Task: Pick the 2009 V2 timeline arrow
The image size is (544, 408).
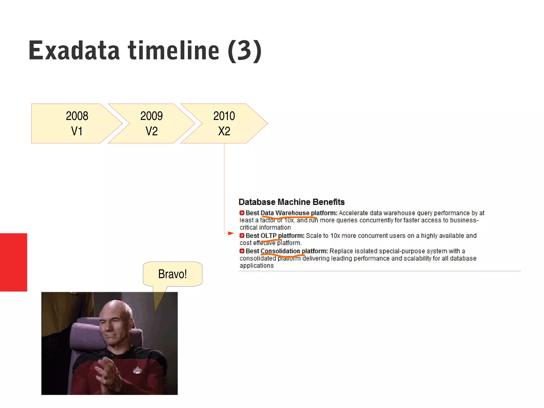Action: pyautogui.click(x=151, y=123)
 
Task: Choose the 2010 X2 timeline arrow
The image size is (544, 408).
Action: pyautogui.click(x=224, y=123)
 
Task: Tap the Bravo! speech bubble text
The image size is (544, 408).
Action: pyautogui.click(x=172, y=274)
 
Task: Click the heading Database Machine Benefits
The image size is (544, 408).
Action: pyautogui.click(x=291, y=202)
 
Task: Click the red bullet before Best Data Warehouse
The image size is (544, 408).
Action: pyautogui.click(x=242, y=213)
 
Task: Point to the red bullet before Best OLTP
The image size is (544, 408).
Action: pyautogui.click(x=242, y=235)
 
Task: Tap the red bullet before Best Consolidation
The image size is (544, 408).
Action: pyautogui.click(x=242, y=251)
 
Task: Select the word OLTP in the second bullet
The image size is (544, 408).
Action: pyautogui.click(x=268, y=235)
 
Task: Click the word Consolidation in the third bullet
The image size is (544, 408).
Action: pyautogui.click(x=280, y=251)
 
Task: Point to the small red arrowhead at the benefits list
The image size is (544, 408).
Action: pyautogui.click(x=231, y=233)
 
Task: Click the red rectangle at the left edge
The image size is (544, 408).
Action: pyautogui.click(x=13, y=262)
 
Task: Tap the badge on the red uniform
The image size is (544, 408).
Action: pyautogui.click(x=137, y=370)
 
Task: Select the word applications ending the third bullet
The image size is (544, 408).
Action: pyautogui.click(x=257, y=266)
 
